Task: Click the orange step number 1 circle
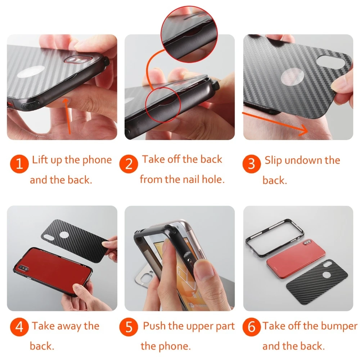point(19,164)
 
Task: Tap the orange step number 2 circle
point(129,164)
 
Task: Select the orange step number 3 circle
point(252,164)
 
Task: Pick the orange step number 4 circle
point(19,327)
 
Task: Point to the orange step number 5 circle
point(129,327)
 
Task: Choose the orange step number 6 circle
point(252,327)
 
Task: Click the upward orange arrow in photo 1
point(68,116)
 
